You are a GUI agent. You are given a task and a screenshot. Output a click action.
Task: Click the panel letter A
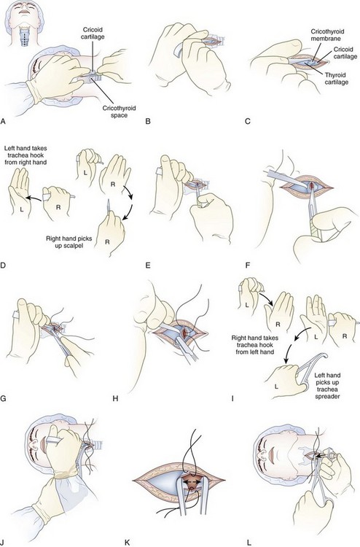tap(4, 121)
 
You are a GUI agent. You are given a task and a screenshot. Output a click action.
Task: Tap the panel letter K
tap(127, 543)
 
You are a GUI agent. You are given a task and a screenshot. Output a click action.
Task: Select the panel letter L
tap(249, 543)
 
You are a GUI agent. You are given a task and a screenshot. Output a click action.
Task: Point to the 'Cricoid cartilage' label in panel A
tap(93, 33)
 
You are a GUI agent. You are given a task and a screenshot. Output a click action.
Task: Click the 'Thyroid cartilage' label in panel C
tap(336, 79)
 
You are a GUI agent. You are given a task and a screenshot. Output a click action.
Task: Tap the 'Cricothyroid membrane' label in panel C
tap(326, 35)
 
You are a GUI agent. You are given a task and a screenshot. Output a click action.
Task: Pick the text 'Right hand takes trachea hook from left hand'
tap(254, 345)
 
